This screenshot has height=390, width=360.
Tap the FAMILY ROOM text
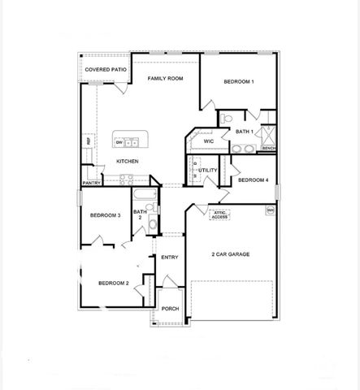point(164,80)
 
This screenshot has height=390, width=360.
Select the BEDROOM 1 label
point(239,82)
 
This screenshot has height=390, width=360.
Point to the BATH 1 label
point(245,131)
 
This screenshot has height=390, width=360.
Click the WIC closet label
point(208,141)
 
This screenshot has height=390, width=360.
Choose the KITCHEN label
point(128,161)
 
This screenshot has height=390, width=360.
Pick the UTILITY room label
point(208,171)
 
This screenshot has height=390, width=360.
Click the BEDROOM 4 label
point(253,180)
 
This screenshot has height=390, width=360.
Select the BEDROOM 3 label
point(106,215)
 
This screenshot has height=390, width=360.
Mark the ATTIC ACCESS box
point(219,215)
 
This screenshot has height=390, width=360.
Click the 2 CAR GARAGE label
point(230,255)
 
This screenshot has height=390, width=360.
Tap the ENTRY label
point(169,258)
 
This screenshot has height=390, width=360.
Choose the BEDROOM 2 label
point(114,283)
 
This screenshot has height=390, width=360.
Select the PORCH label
point(170,309)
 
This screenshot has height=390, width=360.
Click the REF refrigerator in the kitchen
point(88,142)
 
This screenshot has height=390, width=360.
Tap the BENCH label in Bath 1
point(268,149)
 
